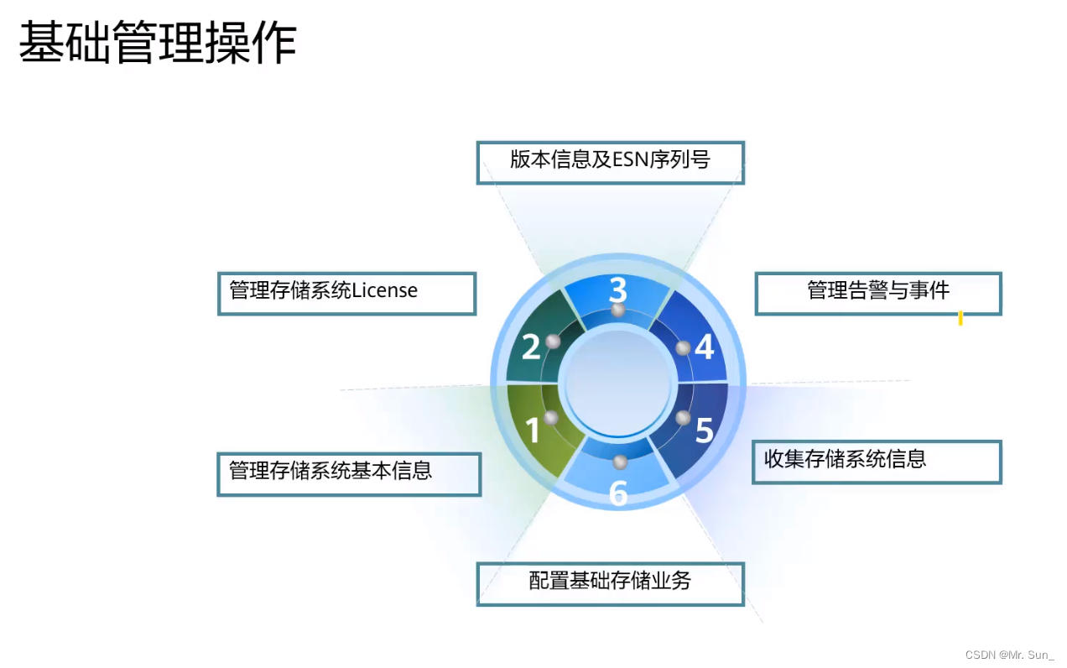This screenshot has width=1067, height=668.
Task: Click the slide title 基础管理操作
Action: click(x=158, y=44)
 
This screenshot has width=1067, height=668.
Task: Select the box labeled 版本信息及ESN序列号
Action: click(x=610, y=162)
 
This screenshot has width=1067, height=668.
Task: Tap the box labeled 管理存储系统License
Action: click(x=346, y=293)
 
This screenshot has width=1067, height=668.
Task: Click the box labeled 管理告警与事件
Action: click(x=877, y=293)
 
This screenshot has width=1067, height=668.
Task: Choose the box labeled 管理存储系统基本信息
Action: click(x=348, y=474)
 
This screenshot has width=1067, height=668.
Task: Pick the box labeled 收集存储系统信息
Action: click(x=876, y=461)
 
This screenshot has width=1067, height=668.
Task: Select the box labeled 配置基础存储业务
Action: click(x=610, y=583)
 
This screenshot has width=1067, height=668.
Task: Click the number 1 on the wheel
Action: click(x=533, y=431)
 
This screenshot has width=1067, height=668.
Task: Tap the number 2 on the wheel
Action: click(x=531, y=347)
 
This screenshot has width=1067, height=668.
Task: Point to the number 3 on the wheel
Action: click(x=617, y=290)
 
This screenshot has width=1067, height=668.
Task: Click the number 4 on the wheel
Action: click(x=705, y=347)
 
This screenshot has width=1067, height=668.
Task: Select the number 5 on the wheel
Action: click(x=705, y=431)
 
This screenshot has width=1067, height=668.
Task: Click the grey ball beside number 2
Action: click(x=553, y=341)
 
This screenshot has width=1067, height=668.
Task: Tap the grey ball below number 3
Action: click(x=618, y=311)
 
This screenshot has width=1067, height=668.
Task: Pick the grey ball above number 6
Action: click(x=620, y=462)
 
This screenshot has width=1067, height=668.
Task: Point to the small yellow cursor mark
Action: click(x=960, y=318)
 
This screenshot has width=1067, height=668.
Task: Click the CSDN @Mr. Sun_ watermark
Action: click(x=1009, y=655)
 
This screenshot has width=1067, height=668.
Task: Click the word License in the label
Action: click(x=385, y=291)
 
